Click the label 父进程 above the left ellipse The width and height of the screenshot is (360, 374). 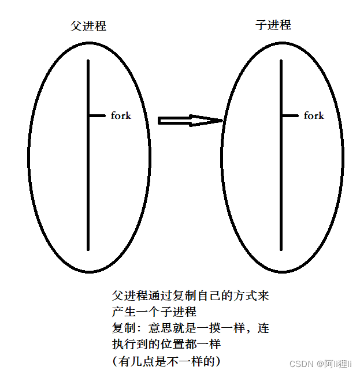[x=88, y=27]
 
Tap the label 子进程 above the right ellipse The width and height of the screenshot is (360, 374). [x=273, y=25]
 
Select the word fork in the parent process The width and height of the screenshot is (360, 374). [x=121, y=115]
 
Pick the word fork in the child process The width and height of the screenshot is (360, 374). [x=314, y=115]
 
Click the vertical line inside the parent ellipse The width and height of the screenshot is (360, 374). [x=88, y=173]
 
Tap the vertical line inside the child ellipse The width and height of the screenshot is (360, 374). [x=281, y=173]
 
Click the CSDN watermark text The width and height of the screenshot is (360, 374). [x=300, y=364]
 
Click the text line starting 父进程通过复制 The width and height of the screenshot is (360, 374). [x=190, y=296]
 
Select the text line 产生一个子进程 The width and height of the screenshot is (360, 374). [x=154, y=312]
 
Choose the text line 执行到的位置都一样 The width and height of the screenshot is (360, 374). [x=167, y=345]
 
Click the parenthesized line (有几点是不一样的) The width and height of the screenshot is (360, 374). [x=167, y=361]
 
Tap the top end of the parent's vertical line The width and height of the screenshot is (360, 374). [x=88, y=61]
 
